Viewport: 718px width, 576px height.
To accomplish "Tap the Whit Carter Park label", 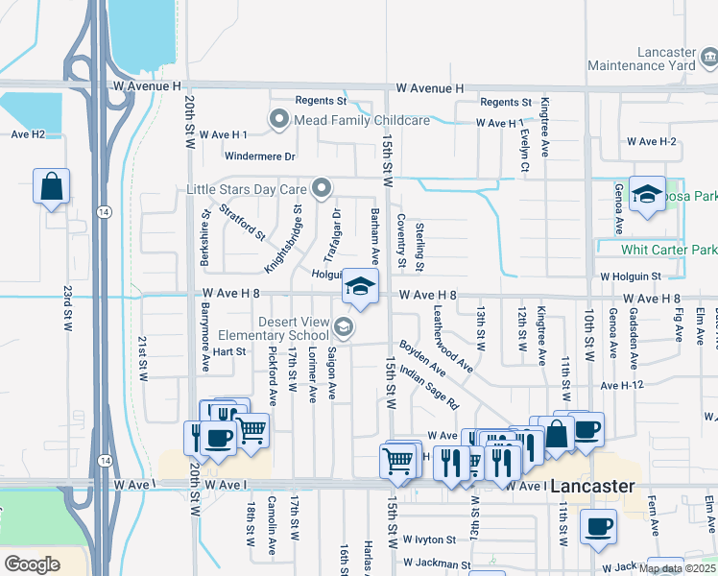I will [x=669, y=250].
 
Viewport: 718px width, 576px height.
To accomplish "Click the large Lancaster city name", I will [x=592, y=487].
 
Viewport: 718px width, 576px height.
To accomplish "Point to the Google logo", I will [x=33, y=564].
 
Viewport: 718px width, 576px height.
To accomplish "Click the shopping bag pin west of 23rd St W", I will [x=51, y=185].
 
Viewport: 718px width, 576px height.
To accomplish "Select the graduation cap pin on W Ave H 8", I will [x=360, y=287].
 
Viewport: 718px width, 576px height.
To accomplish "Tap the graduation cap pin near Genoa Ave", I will [x=648, y=195].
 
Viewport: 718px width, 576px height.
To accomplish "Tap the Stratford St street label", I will [x=242, y=221].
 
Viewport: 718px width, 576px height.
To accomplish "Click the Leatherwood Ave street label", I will [x=452, y=339].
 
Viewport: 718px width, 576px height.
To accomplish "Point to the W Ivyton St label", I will [x=433, y=540].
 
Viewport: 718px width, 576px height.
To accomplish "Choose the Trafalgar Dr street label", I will [x=332, y=236].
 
